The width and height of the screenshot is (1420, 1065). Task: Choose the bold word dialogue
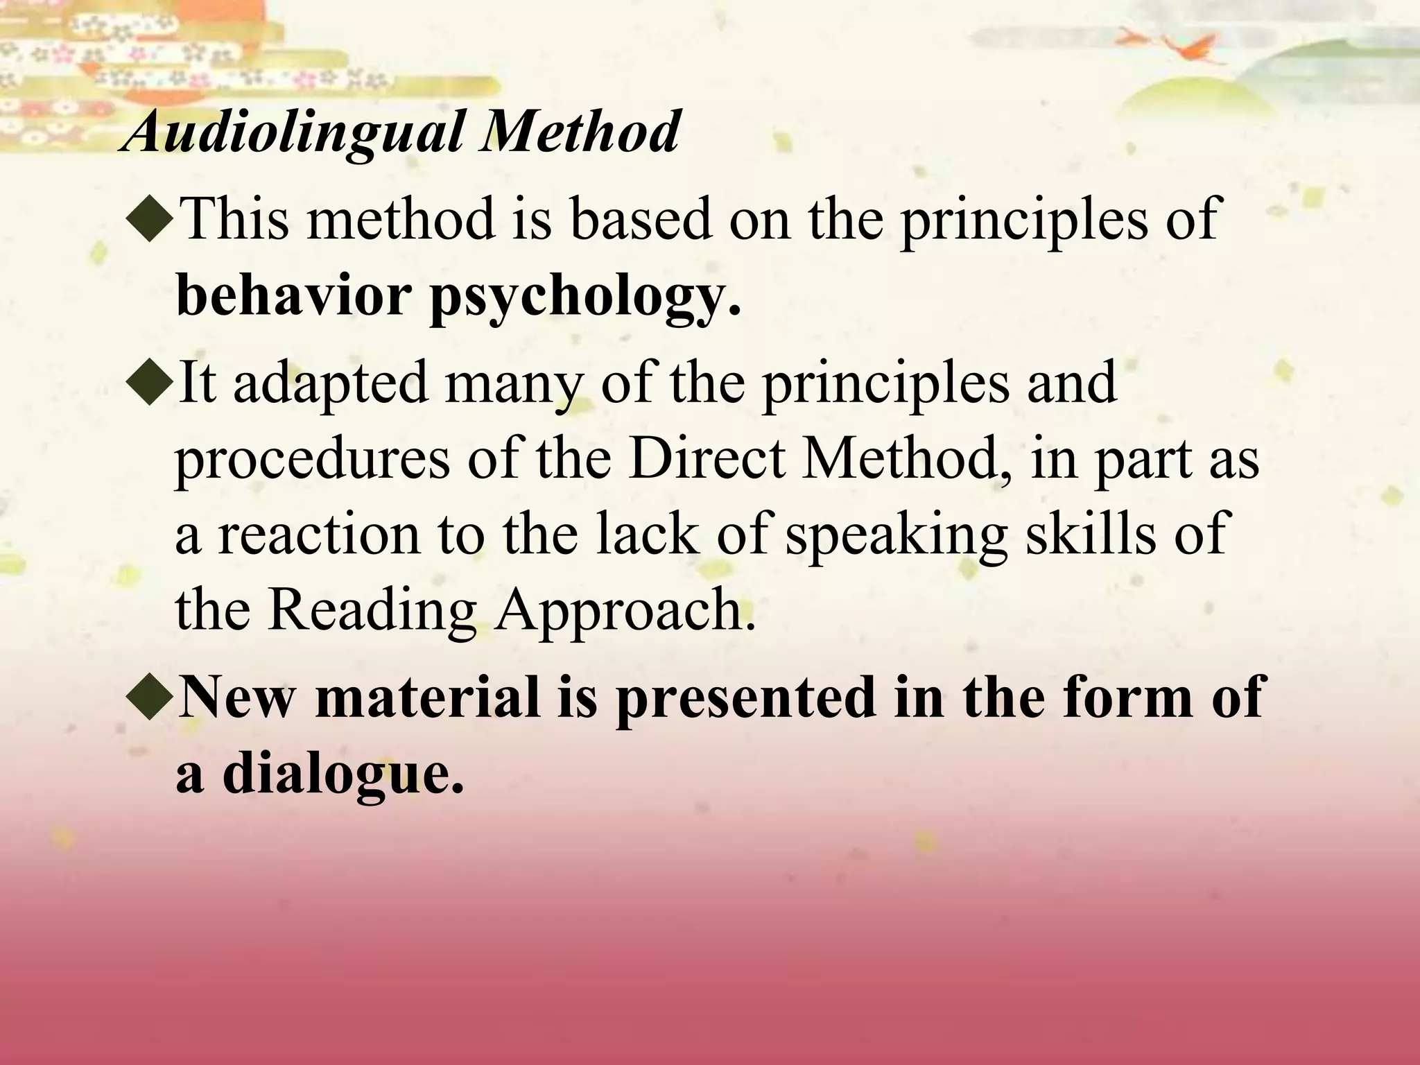343,775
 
